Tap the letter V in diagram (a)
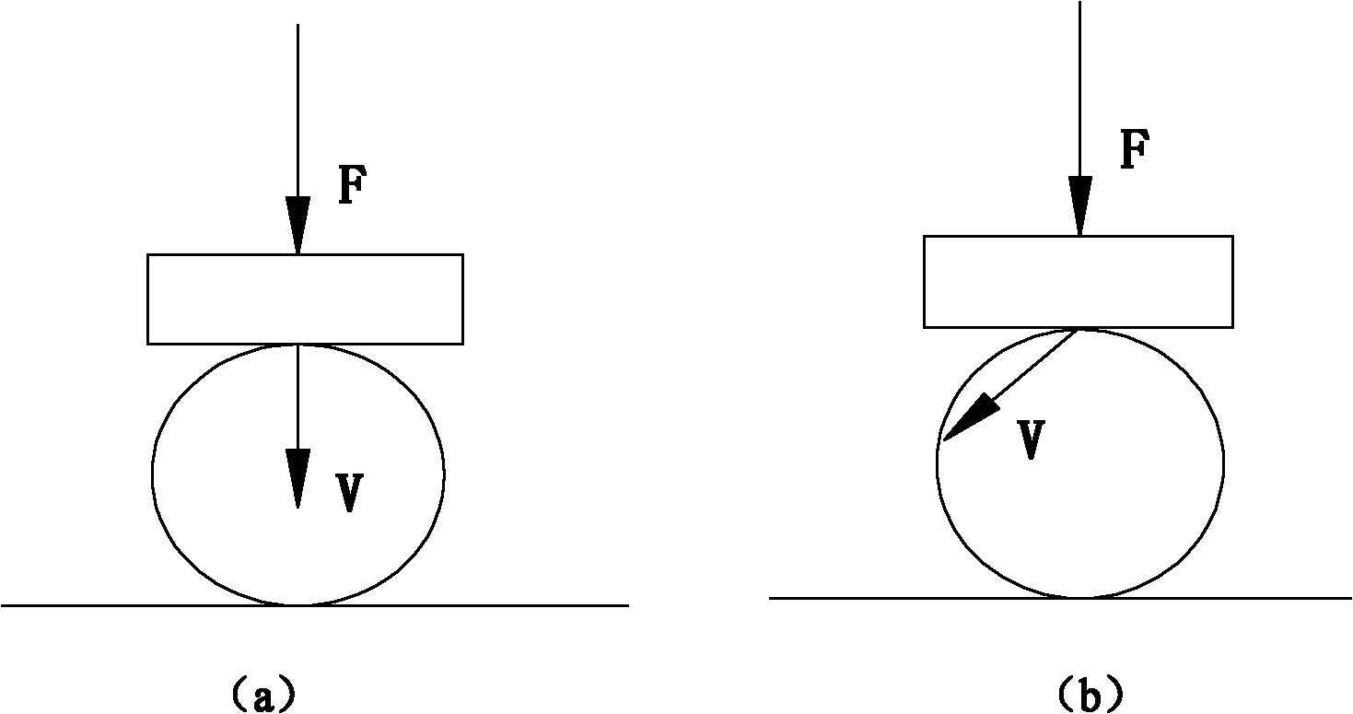click(347, 494)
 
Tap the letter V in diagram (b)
click(1032, 440)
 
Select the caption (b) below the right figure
click(1090, 692)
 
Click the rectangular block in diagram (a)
click(305, 299)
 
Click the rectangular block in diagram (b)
click(1078, 281)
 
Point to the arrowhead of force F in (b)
click(1079, 206)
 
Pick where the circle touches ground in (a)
click(297, 604)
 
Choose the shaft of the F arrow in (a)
click(297, 111)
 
